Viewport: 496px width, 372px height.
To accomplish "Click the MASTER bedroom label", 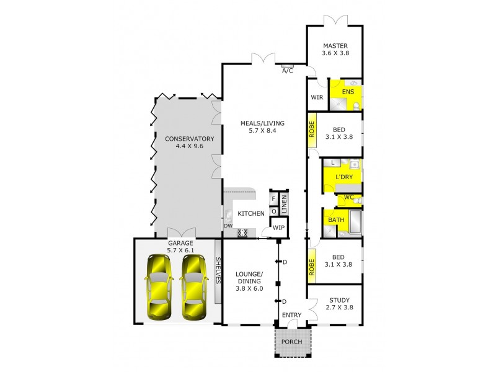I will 335,46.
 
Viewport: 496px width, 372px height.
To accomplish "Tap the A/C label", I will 288,71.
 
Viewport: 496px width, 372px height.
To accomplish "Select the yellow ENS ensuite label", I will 348,92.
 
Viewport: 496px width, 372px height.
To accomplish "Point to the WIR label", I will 317,97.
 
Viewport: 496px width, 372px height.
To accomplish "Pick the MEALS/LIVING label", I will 262,123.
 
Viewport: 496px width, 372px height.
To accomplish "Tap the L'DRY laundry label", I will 343,177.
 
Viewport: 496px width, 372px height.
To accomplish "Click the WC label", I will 348,198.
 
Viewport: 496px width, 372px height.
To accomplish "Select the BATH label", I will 336,220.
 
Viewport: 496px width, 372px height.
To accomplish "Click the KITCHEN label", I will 251,214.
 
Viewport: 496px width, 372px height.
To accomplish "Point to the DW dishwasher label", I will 228,226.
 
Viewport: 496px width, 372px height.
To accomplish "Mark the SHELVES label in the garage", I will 218,271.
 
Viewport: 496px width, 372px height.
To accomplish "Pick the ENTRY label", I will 291,316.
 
